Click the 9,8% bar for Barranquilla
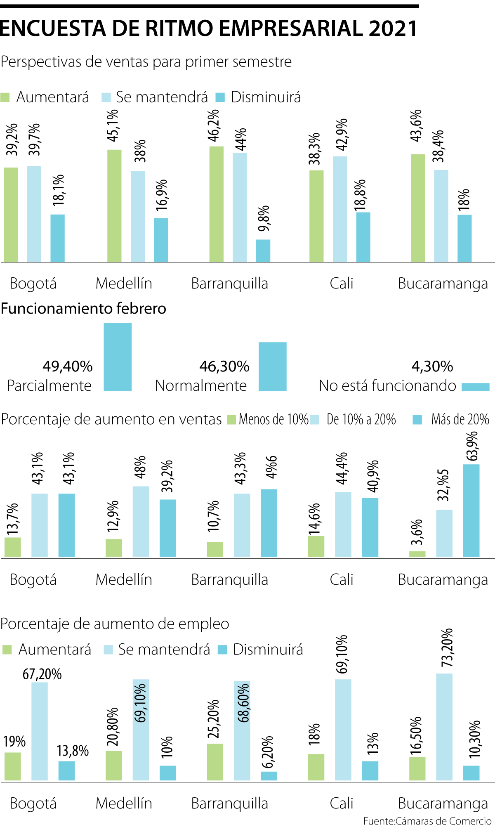[x=263, y=250]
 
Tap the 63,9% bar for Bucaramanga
[x=471, y=510]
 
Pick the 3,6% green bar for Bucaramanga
[x=417, y=554]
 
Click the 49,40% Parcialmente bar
[x=118, y=357]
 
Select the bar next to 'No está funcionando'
[x=475, y=387]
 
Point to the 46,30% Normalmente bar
[x=272, y=366]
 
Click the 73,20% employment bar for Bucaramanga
[x=444, y=727]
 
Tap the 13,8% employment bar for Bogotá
[x=66, y=770]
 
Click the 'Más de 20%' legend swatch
[x=417, y=420]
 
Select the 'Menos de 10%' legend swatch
[x=231, y=420]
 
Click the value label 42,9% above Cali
[x=342, y=134]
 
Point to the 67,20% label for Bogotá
[x=42, y=674]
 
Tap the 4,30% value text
[x=432, y=366]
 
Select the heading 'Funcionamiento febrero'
[x=83, y=308]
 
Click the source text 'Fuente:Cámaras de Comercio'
[x=427, y=821]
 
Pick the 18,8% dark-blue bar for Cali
[x=363, y=237]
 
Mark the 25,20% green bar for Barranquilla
[x=215, y=762]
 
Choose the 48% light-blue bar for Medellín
[x=141, y=521]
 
